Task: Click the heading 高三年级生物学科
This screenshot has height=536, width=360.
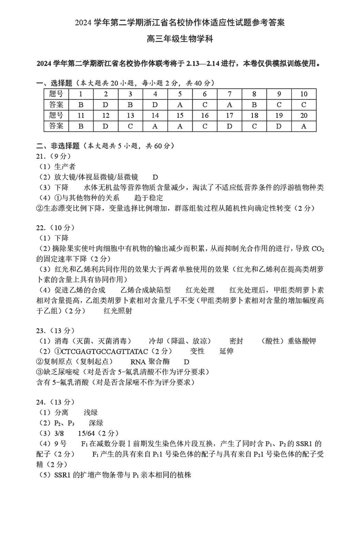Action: coord(180,39)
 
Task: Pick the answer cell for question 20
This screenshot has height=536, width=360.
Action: coord(304,126)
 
